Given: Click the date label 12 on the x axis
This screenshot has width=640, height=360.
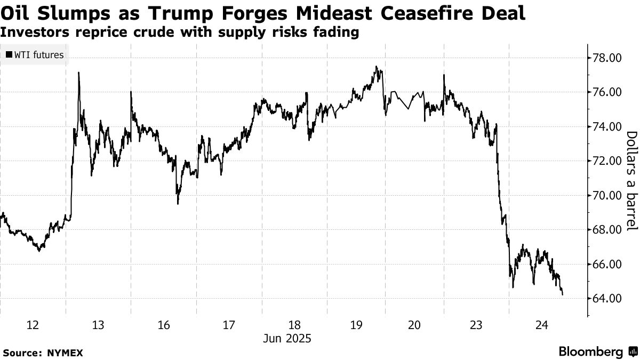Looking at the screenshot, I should (x=33, y=325).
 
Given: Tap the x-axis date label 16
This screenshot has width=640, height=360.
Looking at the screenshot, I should (x=164, y=325).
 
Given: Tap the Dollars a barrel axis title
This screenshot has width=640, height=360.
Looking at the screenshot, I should (x=631, y=181).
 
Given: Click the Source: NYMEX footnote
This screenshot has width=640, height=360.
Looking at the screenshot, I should (x=43, y=353).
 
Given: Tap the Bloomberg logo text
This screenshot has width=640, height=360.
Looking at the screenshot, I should (x=590, y=352).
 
